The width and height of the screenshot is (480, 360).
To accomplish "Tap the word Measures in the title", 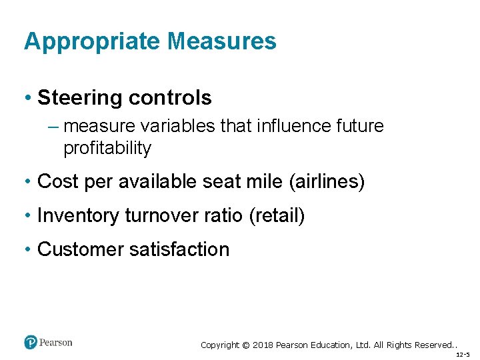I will pos(222,41).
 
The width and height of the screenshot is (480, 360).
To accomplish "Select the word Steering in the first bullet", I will pos(80,99).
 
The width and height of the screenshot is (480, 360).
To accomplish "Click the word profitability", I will pos(107,148).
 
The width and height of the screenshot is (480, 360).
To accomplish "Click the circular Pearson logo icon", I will pos(31,343).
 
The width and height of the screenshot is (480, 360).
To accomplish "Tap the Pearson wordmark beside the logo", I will pos(55,343).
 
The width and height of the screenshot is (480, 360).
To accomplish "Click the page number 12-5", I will pos(463,355).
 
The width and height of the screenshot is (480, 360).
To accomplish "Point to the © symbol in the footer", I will pos(245,345).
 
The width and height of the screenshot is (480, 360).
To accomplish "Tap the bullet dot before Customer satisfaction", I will pos(29,249).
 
